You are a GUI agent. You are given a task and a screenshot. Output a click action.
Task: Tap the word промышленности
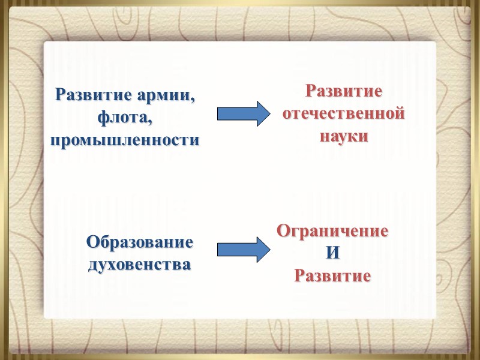(x=124, y=141)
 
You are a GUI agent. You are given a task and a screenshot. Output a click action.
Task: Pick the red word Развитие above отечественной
(x=344, y=92)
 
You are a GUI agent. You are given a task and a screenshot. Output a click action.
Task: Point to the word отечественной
(x=344, y=113)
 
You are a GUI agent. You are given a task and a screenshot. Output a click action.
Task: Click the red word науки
(x=344, y=136)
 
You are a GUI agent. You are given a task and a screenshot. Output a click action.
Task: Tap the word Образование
(x=140, y=242)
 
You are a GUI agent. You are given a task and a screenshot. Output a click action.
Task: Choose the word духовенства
(x=140, y=264)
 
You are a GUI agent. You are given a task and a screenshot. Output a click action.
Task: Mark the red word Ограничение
(x=332, y=230)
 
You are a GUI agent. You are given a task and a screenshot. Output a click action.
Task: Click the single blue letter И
(x=332, y=253)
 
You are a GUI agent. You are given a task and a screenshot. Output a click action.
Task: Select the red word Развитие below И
(x=332, y=276)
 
